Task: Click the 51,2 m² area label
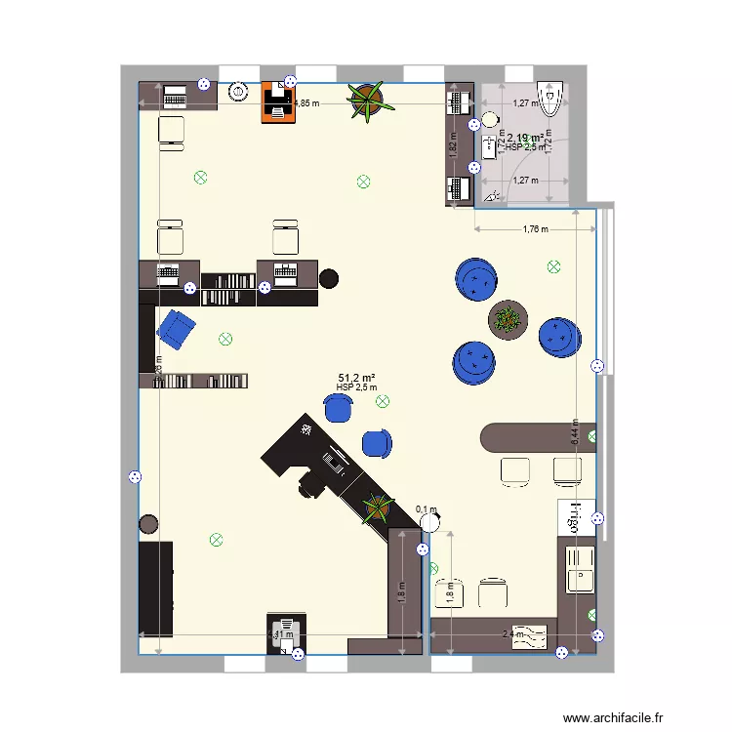[357, 377]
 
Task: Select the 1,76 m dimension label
[535, 229]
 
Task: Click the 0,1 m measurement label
[427, 508]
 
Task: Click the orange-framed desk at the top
[278, 103]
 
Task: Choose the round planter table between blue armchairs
[508, 318]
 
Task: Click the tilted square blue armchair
[177, 329]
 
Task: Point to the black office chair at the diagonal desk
[310, 482]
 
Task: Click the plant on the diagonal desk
[376, 506]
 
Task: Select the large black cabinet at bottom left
[156, 588]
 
